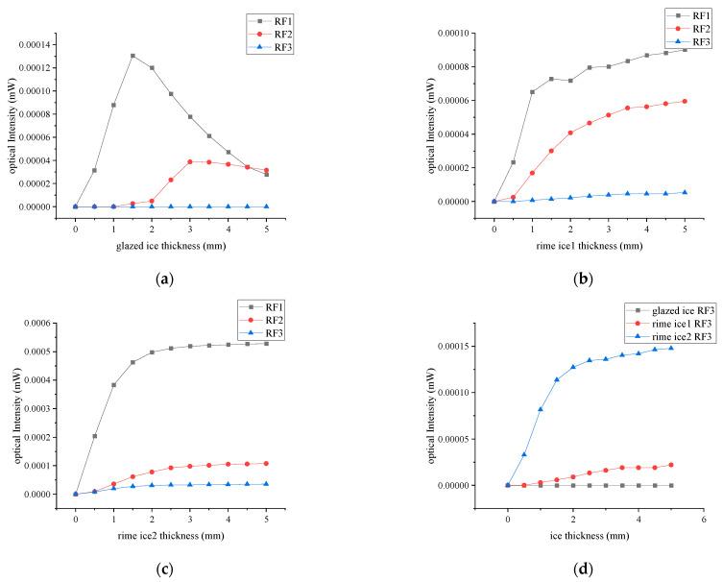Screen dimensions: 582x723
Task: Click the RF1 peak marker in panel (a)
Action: click(x=133, y=56)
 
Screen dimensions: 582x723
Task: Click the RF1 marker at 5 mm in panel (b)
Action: click(x=685, y=48)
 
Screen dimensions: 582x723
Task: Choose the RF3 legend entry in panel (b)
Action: click(x=696, y=42)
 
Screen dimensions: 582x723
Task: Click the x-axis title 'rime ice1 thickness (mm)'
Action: click(x=589, y=246)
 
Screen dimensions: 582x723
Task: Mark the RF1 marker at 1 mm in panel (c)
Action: click(x=113, y=384)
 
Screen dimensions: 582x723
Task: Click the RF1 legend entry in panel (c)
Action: click(x=279, y=306)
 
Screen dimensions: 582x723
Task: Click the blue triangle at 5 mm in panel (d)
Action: click(x=670, y=348)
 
